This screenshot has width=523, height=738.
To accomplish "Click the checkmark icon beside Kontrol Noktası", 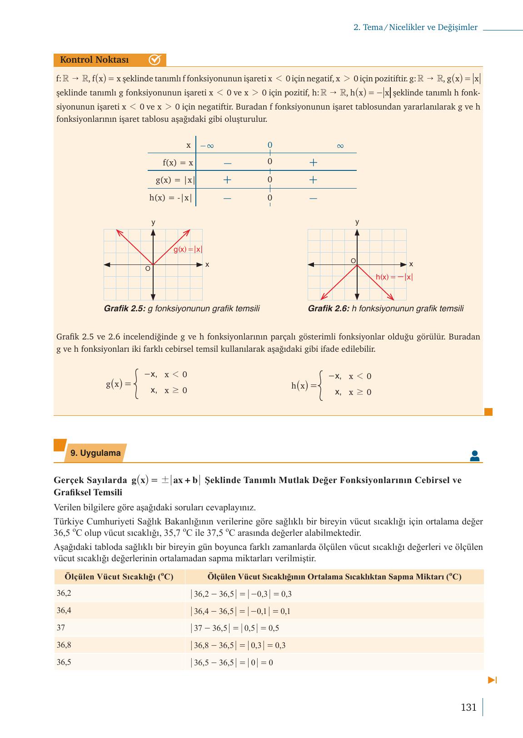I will click(x=155, y=60).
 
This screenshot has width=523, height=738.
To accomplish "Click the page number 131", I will click(x=468, y=708).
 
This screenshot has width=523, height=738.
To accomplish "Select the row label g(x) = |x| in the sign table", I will click(x=175, y=180).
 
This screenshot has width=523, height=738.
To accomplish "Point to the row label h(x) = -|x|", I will click(x=171, y=198).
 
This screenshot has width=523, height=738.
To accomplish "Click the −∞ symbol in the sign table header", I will click(x=207, y=146).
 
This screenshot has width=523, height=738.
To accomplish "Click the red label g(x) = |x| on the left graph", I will click(x=188, y=249).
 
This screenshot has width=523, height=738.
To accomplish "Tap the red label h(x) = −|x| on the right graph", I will click(x=394, y=277).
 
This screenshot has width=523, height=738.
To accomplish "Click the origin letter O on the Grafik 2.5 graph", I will click(x=148, y=269).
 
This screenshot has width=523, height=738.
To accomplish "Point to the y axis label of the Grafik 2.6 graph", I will click(x=357, y=222).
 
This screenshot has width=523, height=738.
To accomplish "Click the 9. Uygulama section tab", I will click(x=95, y=453).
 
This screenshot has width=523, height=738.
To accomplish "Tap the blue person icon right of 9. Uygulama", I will click(x=474, y=456).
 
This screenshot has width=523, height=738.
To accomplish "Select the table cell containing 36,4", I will click(x=64, y=611).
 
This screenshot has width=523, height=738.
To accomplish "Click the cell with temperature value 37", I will click(x=61, y=628).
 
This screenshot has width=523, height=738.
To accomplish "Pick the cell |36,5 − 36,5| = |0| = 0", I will click(x=232, y=663).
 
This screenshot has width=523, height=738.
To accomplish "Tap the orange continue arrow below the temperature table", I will click(x=492, y=680).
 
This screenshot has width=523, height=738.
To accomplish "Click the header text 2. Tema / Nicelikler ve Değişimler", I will click(x=415, y=27).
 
